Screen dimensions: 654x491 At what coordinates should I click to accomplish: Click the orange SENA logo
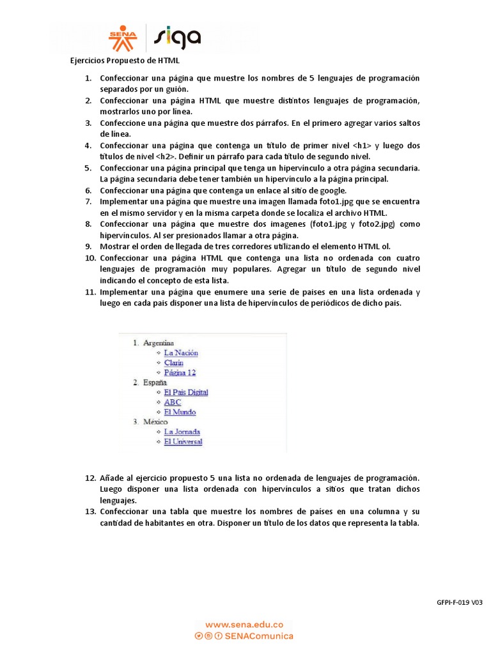(x=123, y=38)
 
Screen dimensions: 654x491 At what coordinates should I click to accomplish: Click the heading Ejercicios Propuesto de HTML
(x=125, y=61)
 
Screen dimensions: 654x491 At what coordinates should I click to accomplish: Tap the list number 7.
(x=88, y=201)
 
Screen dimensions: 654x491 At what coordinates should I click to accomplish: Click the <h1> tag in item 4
(x=361, y=146)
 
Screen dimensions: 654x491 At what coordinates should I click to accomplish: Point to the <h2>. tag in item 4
(x=170, y=156)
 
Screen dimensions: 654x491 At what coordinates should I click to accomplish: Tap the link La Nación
(x=181, y=353)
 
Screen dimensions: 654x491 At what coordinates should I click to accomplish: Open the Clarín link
(x=173, y=363)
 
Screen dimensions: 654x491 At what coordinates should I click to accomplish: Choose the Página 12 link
(x=180, y=372)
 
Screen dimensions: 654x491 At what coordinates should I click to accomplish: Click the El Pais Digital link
(x=186, y=392)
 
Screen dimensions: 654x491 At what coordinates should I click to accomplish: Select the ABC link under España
(x=172, y=402)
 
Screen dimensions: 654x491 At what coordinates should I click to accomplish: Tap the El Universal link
(x=183, y=441)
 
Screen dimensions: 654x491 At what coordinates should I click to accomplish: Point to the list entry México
(x=155, y=422)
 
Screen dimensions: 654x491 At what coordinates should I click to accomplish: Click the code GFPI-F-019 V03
(x=459, y=602)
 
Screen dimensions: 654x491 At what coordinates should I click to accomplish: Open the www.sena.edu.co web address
(x=244, y=625)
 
